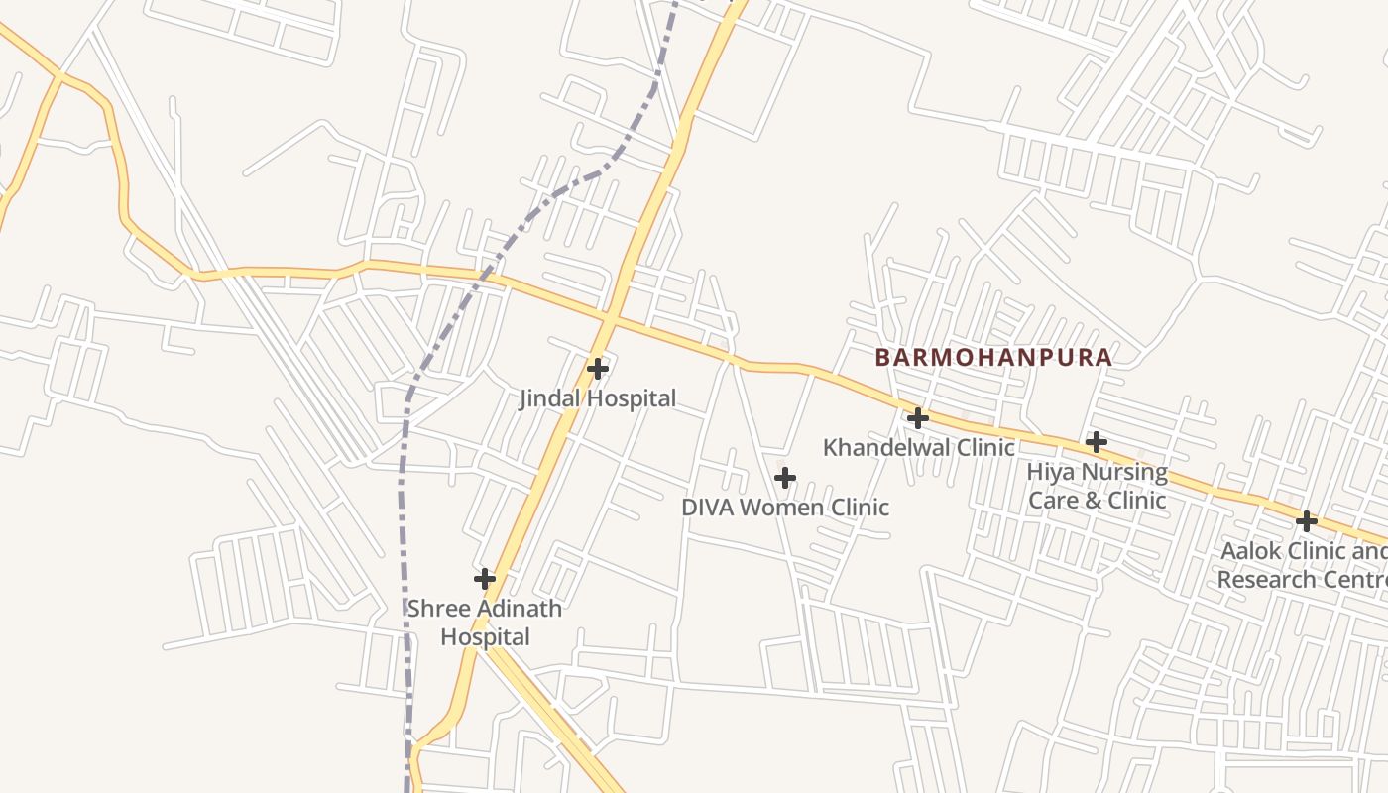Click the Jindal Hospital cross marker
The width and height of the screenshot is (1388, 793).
(x=597, y=369)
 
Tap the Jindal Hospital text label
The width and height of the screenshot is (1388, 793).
(x=598, y=398)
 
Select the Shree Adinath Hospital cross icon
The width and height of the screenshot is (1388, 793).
(x=485, y=578)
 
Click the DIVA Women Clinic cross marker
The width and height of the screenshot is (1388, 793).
(x=784, y=479)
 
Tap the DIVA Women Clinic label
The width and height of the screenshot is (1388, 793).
(x=785, y=508)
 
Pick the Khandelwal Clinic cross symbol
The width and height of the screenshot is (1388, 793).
(x=918, y=418)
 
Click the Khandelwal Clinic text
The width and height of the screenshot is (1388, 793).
(x=919, y=448)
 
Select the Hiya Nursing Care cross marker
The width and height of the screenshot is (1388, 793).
(x=1096, y=442)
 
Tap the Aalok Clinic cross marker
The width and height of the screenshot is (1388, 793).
(x=1307, y=521)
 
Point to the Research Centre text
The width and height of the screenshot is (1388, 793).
(x=1301, y=580)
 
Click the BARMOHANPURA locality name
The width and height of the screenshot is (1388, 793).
(x=993, y=358)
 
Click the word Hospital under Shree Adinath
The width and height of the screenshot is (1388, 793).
(x=485, y=637)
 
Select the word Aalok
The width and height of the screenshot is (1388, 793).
(x=1250, y=551)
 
